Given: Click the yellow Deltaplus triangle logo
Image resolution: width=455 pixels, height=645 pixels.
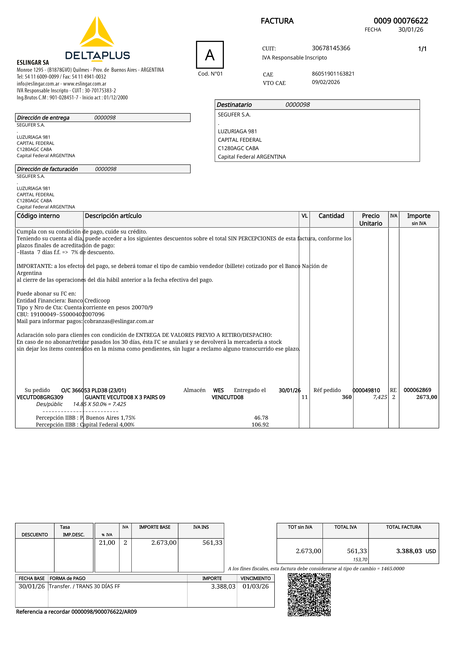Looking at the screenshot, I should pyautogui.click(x=97, y=32).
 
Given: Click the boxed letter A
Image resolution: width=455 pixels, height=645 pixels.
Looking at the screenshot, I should pyautogui.click(x=210, y=55).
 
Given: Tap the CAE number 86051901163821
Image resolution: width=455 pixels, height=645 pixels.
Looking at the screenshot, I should pyautogui.click(x=333, y=74).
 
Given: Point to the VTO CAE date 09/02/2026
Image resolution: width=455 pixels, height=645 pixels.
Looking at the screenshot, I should pyautogui.click(x=326, y=82).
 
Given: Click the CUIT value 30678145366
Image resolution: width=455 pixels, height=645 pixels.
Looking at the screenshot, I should pyautogui.click(x=331, y=48).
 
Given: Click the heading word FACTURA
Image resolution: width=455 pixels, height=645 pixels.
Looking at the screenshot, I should pyautogui.click(x=277, y=21).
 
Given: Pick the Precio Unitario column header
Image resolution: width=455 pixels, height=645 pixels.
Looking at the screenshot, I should pyautogui.click(x=371, y=219).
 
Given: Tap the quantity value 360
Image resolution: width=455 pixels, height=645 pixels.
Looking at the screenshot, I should pyautogui.click(x=347, y=397).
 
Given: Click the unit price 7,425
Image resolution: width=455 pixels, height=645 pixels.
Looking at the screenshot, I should pyautogui.click(x=380, y=397).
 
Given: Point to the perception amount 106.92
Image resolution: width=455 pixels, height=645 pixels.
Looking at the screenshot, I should pyautogui.click(x=260, y=425).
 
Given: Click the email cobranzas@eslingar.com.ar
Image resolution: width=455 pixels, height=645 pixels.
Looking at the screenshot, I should pyautogui.click(x=119, y=321).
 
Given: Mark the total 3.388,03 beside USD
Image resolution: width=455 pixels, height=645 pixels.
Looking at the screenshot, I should pyautogui.click(x=409, y=551).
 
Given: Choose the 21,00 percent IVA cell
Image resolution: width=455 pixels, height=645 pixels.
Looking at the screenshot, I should pyautogui.click(x=107, y=542).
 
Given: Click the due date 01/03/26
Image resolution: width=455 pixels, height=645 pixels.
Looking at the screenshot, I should pyautogui.click(x=256, y=586).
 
